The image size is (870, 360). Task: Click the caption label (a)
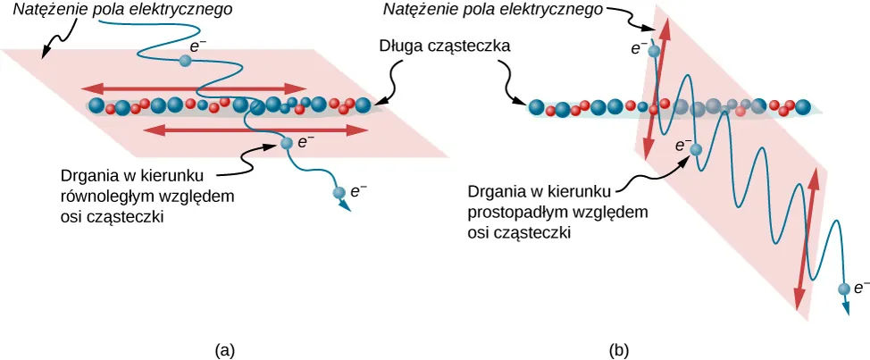point(225,350)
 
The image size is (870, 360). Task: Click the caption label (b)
point(619,350)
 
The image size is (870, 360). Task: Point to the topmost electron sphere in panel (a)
point(185,61)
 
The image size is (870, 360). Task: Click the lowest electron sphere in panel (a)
point(339,192)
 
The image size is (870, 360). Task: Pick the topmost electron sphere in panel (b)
point(654,52)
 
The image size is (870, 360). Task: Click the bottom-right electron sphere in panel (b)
point(843,289)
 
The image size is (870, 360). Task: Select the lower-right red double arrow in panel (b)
point(807,238)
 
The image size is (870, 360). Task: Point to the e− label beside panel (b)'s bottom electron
point(861,288)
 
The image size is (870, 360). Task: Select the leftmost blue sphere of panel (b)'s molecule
point(536,108)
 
